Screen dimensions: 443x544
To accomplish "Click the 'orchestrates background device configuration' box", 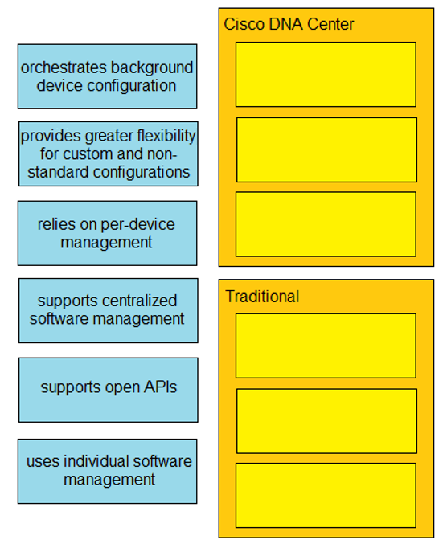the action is (x=107, y=76).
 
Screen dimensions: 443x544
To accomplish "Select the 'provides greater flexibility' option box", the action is (x=109, y=153).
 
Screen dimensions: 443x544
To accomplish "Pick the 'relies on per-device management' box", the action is (x=107, y=233).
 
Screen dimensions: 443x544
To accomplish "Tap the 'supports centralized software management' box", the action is (x=109, y=310).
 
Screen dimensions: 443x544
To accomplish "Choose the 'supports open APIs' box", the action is (x=109, y=390).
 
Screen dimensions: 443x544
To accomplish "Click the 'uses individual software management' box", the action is (x=107, y=471).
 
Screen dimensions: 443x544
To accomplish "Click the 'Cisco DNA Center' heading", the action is (x=289, y=24).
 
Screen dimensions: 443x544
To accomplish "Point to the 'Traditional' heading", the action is (x=262, y=297).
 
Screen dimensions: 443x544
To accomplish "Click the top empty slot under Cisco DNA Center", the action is (x=326, y=74).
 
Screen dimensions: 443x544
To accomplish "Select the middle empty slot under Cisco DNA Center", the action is (x=326, y=150).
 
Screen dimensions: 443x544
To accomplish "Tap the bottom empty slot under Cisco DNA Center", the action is (x=326, y=224).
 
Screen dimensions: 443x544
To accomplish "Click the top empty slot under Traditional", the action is (x=326, y=346).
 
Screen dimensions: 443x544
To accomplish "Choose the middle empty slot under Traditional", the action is (x=326, y=421).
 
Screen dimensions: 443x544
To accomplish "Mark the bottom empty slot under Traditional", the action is (x=326, y=496).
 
